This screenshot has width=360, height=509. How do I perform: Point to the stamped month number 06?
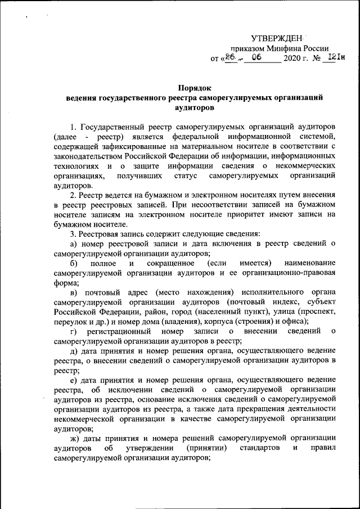(258, 58)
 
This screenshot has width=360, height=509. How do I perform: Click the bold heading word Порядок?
(195, 87)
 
